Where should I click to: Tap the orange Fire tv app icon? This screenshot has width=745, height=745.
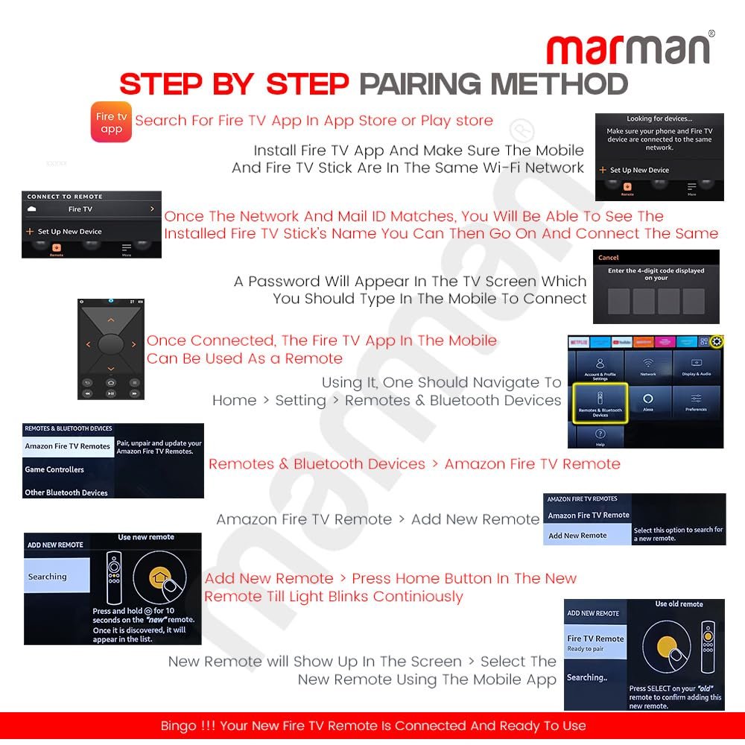[x=111, y=122]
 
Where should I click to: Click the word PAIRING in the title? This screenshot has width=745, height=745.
[x=434, y=84]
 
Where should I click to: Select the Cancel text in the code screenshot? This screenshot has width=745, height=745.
[x=609, y=258]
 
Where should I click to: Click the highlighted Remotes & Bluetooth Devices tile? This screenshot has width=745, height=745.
[x=600, y=404]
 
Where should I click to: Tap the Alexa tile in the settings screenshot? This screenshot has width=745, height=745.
[x=647, y=402]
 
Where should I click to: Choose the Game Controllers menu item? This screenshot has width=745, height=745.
[x=54, y=469]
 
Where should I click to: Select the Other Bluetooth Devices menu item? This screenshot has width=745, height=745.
[x=66, y=492]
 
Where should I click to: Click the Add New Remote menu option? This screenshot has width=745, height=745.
[x=578, y=535]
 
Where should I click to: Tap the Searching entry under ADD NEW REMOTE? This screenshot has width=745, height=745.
[x=48, y=577]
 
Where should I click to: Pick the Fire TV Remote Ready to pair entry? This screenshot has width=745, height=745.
[x=595, y=643]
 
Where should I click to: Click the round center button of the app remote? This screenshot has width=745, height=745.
[x=110, y=344]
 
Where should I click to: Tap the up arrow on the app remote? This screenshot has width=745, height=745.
[x=110, y=320]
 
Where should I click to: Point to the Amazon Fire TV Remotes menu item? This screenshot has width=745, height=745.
[x=67, y=446]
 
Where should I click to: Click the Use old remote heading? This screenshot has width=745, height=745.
[x=679, y=603]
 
